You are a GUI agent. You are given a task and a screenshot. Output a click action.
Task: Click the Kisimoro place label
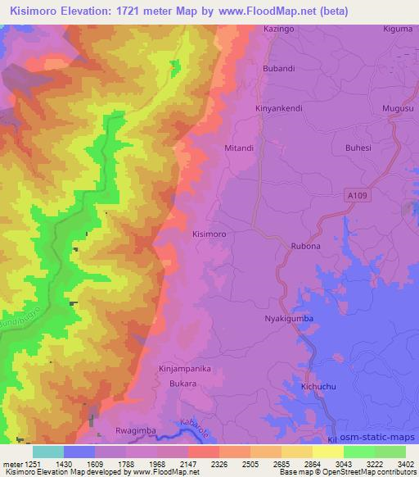[x=209, y=234]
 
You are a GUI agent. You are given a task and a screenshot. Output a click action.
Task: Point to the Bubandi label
[x=277, y=69]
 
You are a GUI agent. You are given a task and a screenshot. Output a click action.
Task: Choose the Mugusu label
[x=398, y=108]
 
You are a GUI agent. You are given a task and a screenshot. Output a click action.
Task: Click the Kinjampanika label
[x=185, y=370]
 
